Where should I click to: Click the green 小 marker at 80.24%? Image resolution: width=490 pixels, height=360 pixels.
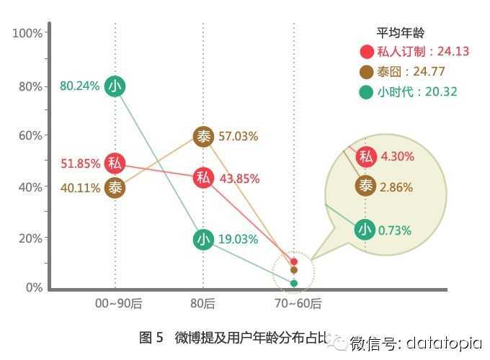tap(115, 86)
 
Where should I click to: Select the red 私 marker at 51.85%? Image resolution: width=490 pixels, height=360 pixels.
tap(115, 163)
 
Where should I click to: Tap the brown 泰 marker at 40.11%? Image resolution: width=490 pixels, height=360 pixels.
tap(115, 188)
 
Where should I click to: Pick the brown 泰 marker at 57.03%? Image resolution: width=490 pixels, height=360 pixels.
tap(204, 136)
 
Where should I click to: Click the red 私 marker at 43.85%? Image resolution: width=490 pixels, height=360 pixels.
tap(204, 178)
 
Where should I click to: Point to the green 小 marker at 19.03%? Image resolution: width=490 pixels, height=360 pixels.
tap(204, 239)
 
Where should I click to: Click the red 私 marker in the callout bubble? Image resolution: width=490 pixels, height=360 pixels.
tap(366, 156)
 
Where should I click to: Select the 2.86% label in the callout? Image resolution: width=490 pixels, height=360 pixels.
tap(396, 187)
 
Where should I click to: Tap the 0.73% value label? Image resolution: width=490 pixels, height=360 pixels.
tap(395, 230)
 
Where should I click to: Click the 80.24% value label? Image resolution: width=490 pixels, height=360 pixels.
tap(80, 86)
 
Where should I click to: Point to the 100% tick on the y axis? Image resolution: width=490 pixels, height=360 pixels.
tap(28, 34)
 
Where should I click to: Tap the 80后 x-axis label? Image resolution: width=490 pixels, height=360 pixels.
tap(204, 304)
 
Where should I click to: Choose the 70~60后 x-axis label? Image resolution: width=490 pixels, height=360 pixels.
tap(295, 304)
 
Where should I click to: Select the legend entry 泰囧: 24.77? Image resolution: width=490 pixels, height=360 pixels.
tap(411, 71)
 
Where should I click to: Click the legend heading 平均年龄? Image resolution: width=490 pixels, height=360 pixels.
tap(401, 32)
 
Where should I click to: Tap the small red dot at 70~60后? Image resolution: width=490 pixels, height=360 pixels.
tap(294, 261)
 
